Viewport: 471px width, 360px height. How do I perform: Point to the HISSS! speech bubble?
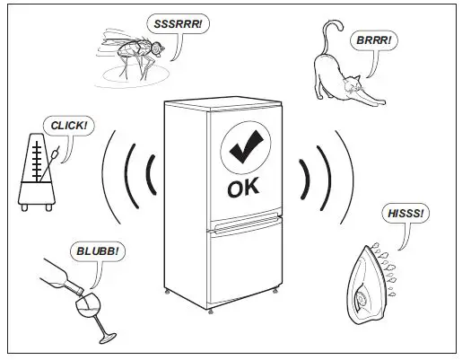click(404, 215)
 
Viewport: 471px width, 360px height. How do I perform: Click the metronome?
click(38, 175)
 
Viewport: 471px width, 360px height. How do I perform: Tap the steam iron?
click(367, 282)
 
